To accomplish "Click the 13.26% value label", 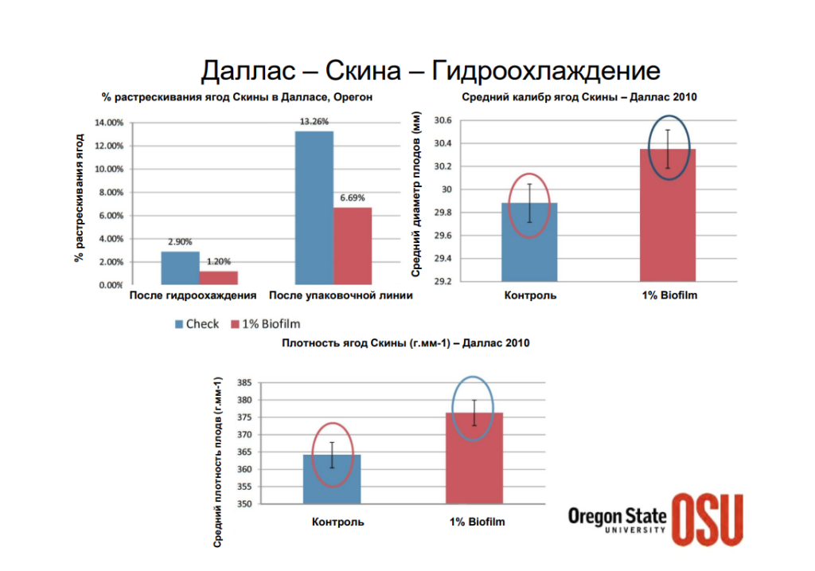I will click(314, 122).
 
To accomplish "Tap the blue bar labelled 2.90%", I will click(180, 268).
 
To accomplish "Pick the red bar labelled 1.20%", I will click(218, 277).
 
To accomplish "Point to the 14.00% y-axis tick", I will click(108, 123).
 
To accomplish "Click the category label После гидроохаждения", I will click(193, 295).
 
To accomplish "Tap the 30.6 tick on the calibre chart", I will click(443, 120).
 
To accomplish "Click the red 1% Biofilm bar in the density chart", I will click(474, 462).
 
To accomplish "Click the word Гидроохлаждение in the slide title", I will click(546, 70).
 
